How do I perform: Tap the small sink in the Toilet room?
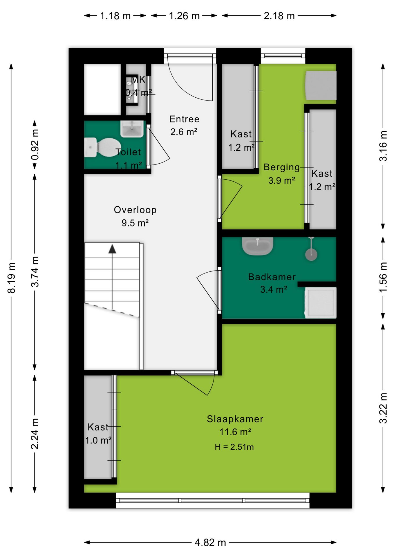(x=132, y=129)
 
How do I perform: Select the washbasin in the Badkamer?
(x=258, y=246)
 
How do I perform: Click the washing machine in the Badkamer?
(x=321, y=303)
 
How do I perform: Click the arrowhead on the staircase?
(x=112, y=249)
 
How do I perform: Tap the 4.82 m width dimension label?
(x=210, y=542)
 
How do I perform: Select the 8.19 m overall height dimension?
(x=11, y=278)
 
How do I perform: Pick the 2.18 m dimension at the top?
(x=279, y=16)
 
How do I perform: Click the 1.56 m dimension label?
(x=383, y=277)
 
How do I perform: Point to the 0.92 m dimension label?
(x=35, y=144)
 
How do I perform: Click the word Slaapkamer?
(x=235, y=419)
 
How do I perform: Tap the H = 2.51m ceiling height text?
(x=234, y=447)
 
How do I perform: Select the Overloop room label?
(x=135, y=210)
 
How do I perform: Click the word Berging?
(x=281, y=167)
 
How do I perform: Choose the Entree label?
(x=184, y=119)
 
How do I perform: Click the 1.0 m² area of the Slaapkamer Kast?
(x=98, y=440)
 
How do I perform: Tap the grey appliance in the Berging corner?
(x=321, y=86)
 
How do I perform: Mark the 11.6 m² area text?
(x=235, y=432)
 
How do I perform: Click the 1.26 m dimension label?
(x=184, y=16)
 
